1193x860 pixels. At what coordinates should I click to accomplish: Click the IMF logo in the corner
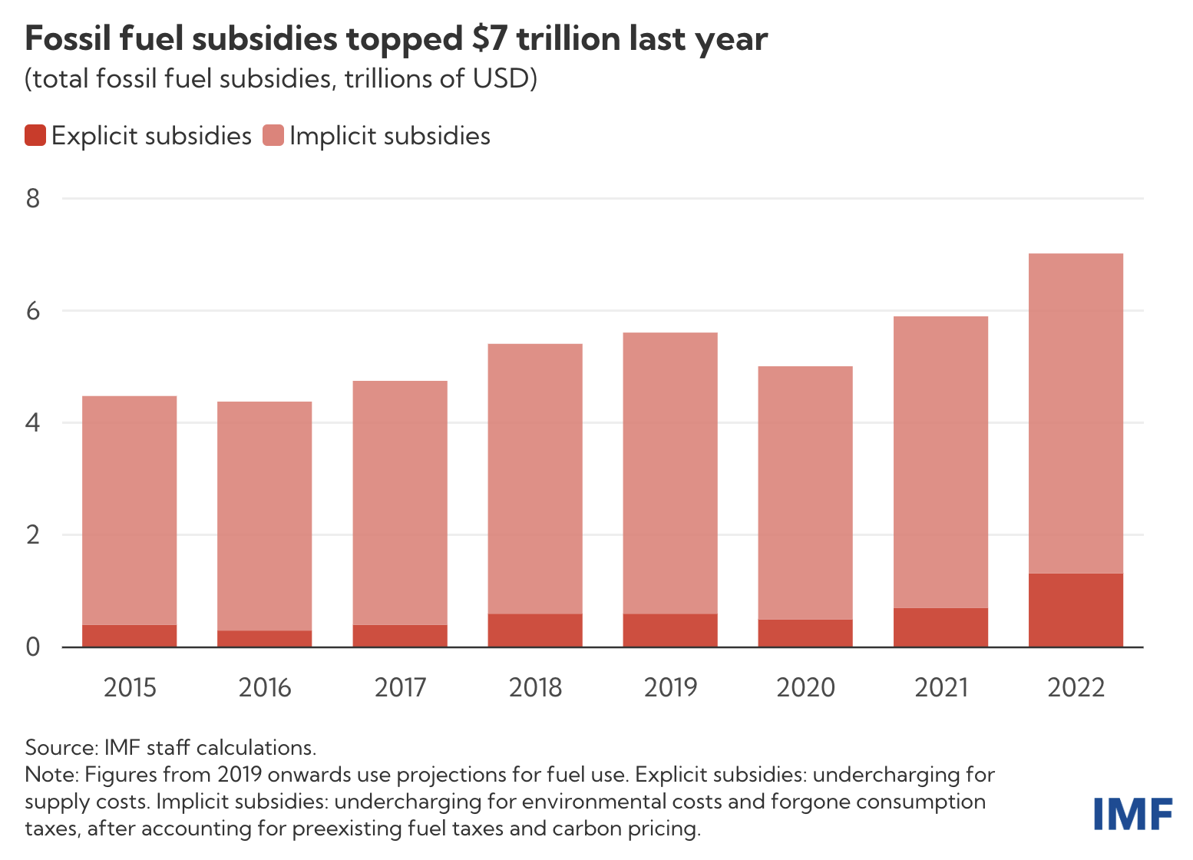pos(1132,814)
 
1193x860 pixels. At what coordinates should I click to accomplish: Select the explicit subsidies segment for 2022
pos(1076,610)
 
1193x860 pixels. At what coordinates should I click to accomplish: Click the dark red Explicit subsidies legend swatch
pos(35,136)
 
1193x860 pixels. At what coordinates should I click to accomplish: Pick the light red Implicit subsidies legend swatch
pos(273,136)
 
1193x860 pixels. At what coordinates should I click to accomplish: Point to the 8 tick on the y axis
pos(33,200)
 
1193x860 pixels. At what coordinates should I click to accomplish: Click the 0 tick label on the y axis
pos(33,647)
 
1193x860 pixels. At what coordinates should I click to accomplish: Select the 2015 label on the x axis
pos(130,687)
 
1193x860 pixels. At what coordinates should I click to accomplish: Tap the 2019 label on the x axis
pos(670,687)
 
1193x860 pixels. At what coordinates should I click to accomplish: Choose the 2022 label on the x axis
pos(1076,687)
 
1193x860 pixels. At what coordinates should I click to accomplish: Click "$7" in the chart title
pos(489,38)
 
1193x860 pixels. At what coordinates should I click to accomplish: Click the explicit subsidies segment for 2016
pos(265,639)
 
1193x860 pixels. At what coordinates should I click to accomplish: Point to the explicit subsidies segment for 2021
pos(940,627)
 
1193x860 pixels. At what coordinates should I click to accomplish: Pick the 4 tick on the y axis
pos(33,423)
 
